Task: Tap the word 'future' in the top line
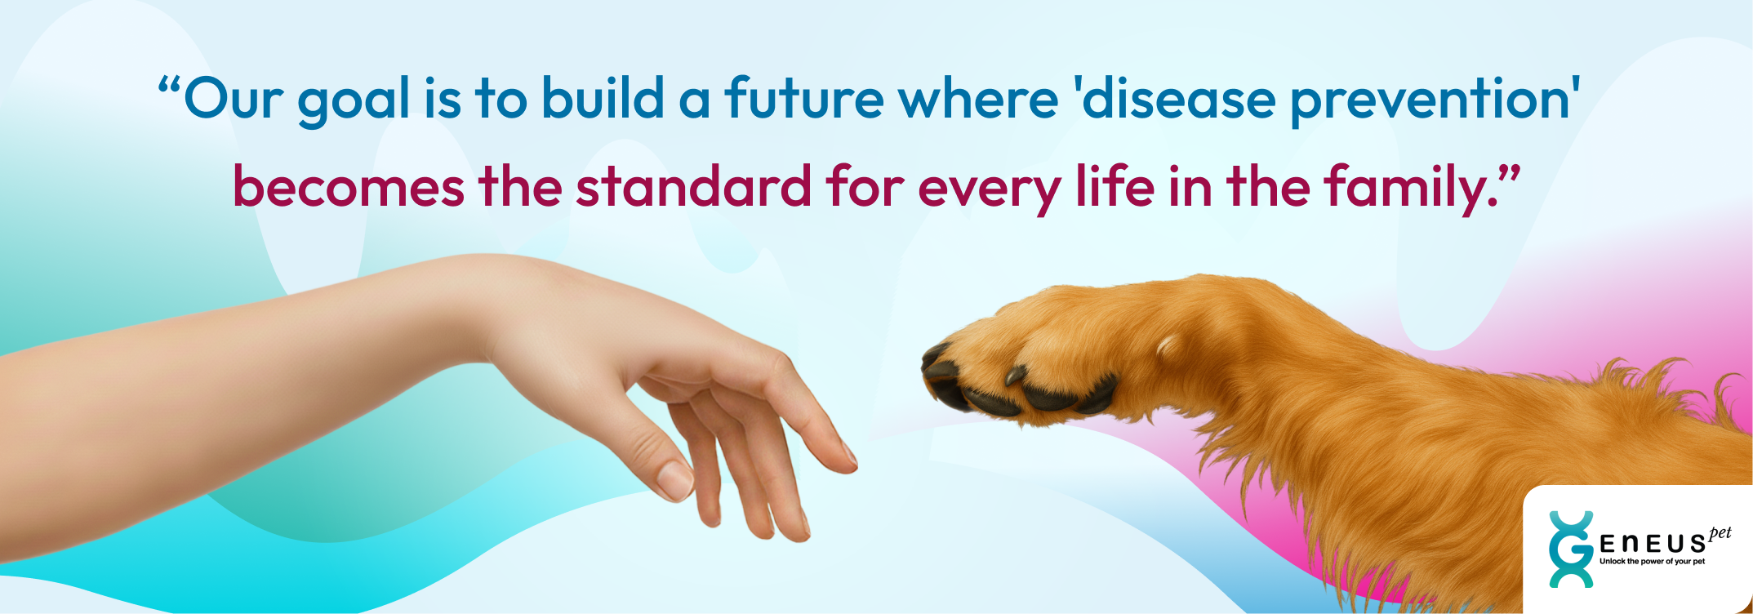pos(804,98)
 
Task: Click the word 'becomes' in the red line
pos(349,186)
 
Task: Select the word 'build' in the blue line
pos(603,98)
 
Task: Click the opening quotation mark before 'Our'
pos(168,84)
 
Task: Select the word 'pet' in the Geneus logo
pos(1720,533)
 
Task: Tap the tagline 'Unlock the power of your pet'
pos(1652,562)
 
